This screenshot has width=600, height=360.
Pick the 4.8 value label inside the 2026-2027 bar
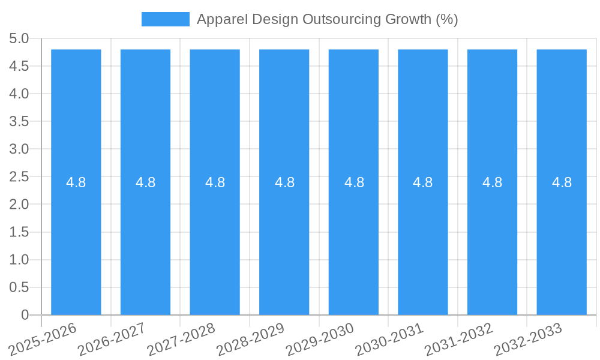pyautogui.click(x=146, y=182)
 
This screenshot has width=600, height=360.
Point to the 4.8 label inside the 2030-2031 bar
pyautogui.click(x=423, y=182)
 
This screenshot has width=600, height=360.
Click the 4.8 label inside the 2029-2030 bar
pyautogui.click(x=354, y=182)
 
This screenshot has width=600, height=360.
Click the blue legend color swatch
pyautogui.click(x=165, y=19)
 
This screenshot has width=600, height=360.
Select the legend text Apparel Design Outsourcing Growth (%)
pyautogui.click(x=327, y=19)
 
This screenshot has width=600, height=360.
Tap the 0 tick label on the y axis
pyautogui.click(x=25, y=315)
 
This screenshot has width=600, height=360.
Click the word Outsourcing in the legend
pyautogui.click(x=340, y=19)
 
